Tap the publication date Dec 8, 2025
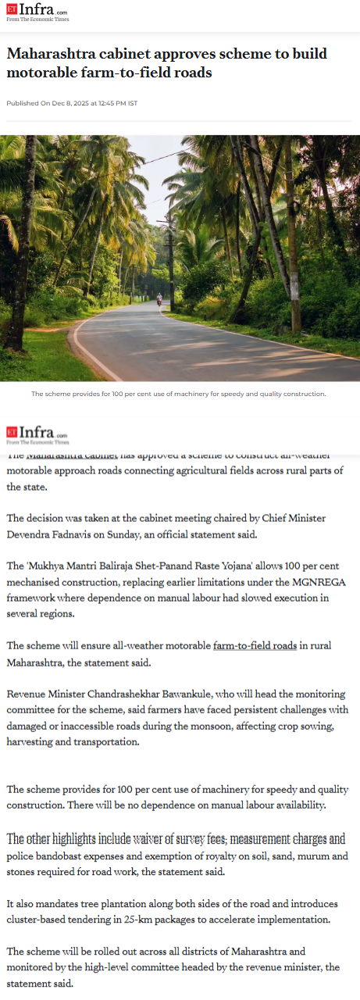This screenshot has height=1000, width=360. [73, 103]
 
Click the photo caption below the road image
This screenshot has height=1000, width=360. [179, 394]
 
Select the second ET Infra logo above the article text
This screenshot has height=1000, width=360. [37, 434]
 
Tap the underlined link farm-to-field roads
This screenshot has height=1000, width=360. [255, 646]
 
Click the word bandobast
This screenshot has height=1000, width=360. [64, 856]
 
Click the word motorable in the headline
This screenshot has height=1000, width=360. [48, 73]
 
